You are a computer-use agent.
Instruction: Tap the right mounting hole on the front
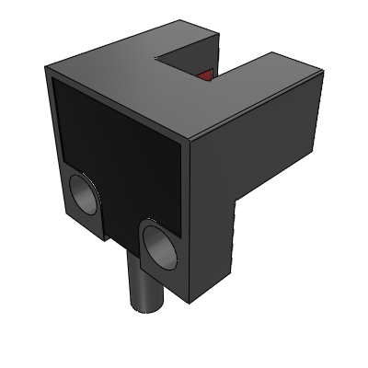click(x=160, y=247)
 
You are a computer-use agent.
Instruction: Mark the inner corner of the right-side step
click(x=236, y=201)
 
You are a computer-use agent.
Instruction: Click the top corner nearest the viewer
click(x=190, y=144)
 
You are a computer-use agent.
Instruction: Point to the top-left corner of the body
click(x=49, y=68)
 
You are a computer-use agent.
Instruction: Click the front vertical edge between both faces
click(x=190, y=221)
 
